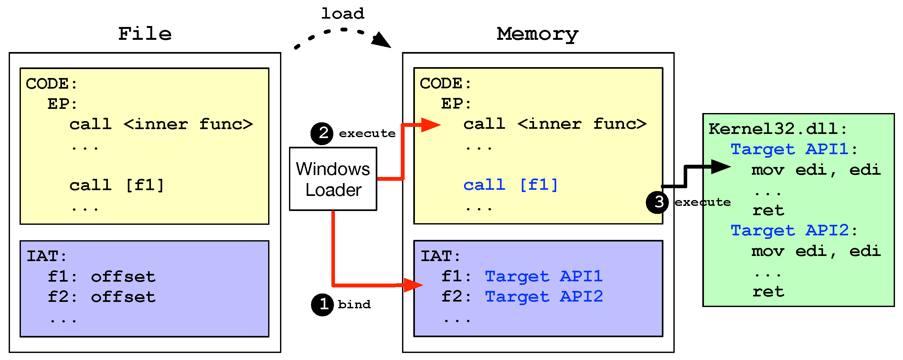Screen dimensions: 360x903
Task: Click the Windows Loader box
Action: point(333,179)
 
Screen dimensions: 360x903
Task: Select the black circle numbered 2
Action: point(322,134)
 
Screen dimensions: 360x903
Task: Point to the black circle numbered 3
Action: point(657,202)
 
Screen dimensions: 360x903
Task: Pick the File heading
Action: point(145,34)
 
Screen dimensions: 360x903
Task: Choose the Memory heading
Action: point(537,34)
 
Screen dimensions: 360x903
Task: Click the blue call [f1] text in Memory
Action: point(510,185)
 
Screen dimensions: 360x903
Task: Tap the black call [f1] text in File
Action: point(117,185)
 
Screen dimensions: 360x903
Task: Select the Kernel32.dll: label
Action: point(777,129)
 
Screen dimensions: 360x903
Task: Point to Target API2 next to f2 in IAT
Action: point(544,296)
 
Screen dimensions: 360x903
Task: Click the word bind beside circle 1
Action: point(354,304)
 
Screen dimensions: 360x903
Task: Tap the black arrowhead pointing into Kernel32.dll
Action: point(721,167)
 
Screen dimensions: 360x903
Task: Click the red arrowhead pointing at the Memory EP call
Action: point(431,125)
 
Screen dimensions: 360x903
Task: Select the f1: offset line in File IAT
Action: point(102,277)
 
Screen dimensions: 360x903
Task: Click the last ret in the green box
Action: point(768,292)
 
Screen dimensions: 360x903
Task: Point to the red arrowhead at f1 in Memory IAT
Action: point(413,285)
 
